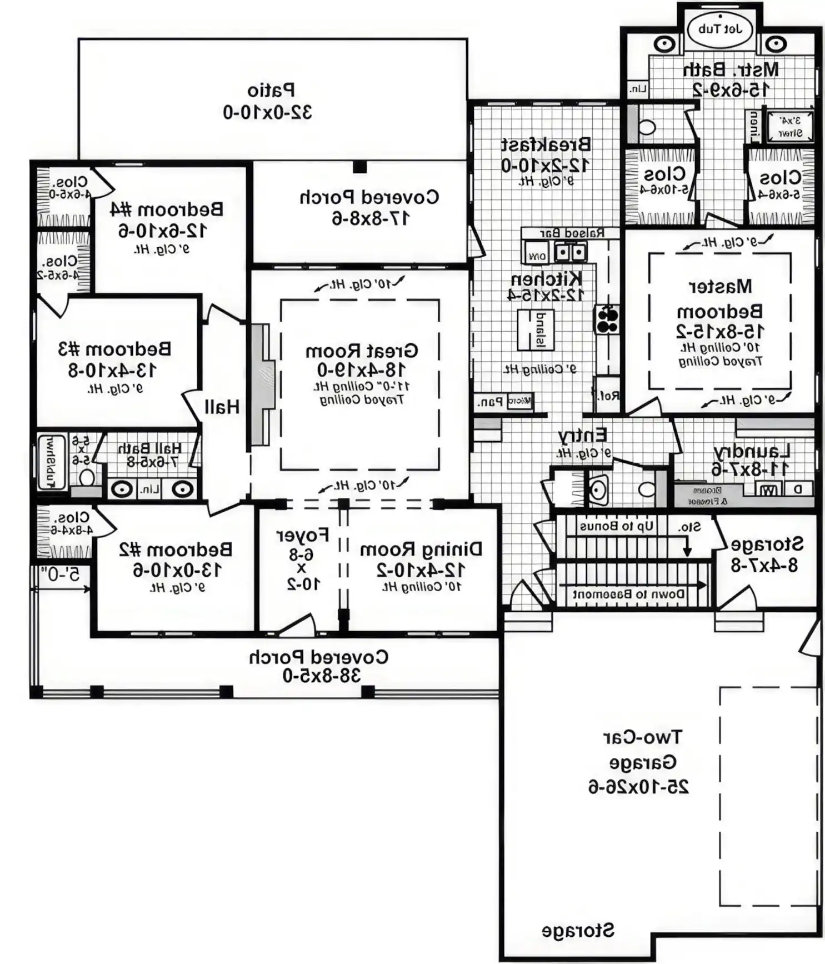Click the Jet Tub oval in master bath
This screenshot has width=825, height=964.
coord(720,29)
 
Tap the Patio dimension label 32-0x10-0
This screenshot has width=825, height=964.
coord(267,112)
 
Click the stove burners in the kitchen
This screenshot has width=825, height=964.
coord(607,319)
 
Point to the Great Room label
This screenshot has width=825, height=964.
coord(361,351)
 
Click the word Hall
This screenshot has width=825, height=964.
coord(222,407)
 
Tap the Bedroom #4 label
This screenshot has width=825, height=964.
coord(167,209)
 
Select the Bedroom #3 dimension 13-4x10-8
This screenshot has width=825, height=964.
coord(113,370)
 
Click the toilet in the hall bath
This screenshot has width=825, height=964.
coord(86,477)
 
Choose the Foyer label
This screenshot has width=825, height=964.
coord(303,536)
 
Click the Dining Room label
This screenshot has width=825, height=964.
coord(421,550)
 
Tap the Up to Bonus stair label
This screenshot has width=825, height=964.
coord(617,526)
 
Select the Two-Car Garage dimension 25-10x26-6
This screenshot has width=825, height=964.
coord(638,787)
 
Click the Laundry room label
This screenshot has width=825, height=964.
coord(752,451)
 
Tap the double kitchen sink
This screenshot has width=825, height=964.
coord(571,253)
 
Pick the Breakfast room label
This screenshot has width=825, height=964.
coord(546,145)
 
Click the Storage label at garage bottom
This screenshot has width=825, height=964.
coord(578,931)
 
